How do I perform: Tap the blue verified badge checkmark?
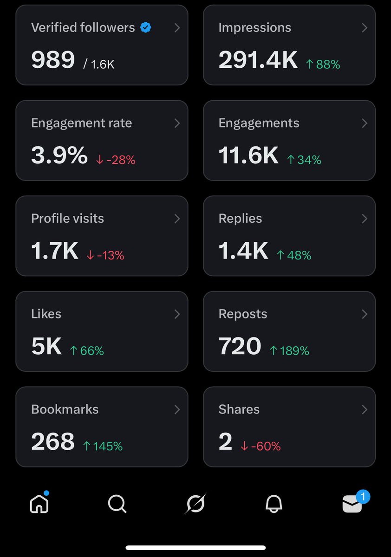point(146,28)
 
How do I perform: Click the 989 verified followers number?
point(53,60)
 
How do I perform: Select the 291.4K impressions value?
point(258,60)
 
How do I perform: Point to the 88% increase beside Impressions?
point(323,65)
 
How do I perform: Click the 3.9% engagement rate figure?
point(59,156)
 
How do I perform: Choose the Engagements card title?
point(259,123)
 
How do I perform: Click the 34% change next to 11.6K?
point(304,160)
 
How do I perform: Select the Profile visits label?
point(67,219)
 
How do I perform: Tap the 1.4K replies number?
point(243,251)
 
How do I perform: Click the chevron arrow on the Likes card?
point(177,314)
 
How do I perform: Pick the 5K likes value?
point(46,347)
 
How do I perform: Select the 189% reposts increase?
point(289,351)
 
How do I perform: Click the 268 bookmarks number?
point(53,442)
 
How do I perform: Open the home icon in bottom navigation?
point(39,504)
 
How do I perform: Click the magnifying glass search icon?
point(117,504)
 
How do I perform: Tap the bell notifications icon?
point(274,504)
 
